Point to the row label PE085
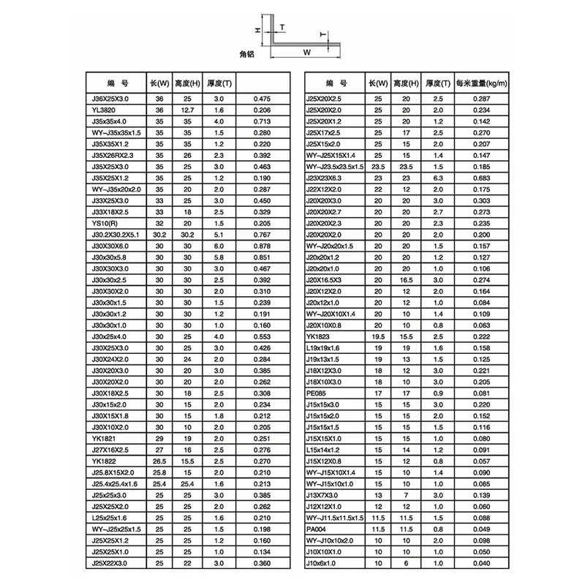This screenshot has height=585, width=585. tap(316, 393)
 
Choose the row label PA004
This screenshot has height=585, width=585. tap(316, 529)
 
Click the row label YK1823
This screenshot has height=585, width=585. tap(317, 336)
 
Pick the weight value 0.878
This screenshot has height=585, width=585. tap(262, 246)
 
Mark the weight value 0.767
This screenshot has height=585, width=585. tap(262, 234)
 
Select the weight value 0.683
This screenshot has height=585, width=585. tap(481, 178)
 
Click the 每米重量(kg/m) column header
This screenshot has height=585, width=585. tap(481, 83)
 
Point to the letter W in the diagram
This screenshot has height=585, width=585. tap(307, 53)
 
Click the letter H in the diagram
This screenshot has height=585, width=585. tap(257, 30)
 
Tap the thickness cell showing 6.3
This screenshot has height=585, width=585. tap(439, 178)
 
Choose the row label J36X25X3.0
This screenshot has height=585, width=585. tap(107, 98)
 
